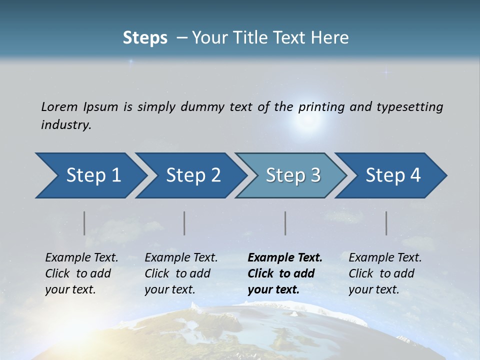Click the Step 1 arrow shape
pyautogui.click(x=90, y=175)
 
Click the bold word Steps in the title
pyautogui.click(x=145, y=38)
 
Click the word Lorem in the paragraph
pyautogui.click(x=59, y=106)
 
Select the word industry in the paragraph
pyautogui.click(x=66, y=125)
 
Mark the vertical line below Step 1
pyautogui.click(x=84, y=223)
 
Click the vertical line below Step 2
pyautogui.click(x=184, y=223)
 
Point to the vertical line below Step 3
pyautogui.click(x=285, y=223)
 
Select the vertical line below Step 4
pyautogui.click(x=386, y=223)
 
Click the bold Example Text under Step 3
pyautogui.click(x=285, y=258)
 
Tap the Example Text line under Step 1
pyautogui.click(x=81, y=258)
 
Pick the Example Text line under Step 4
pyautogui.click(x=385, y=258)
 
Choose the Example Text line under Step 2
pyautogui.click(x=181, y=258)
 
